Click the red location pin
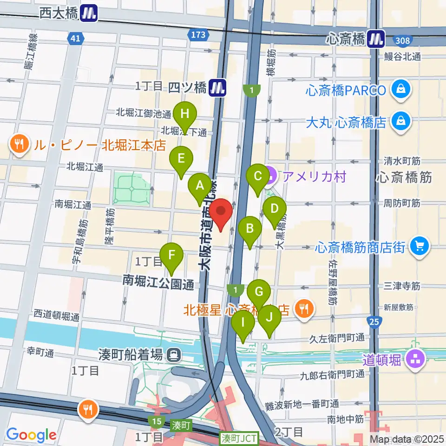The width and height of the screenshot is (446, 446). tap(221, 214)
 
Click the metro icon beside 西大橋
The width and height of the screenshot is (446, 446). tap(88, 13)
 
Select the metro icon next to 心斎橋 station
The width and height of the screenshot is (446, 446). tap(376, 39)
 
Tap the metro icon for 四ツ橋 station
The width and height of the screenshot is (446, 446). tap(217, 86)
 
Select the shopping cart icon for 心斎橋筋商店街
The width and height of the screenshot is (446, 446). tap(420, 246)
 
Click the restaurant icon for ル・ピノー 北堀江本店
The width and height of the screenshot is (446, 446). tap(19, 145)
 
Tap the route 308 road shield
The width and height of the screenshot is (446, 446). tap(403, 40)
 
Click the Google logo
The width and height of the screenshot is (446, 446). tap(31, 434)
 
